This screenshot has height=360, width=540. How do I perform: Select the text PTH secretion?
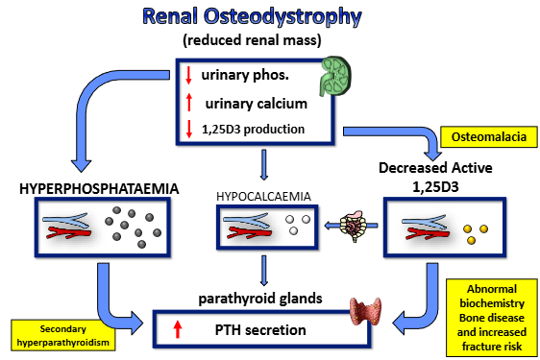point(265,330)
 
